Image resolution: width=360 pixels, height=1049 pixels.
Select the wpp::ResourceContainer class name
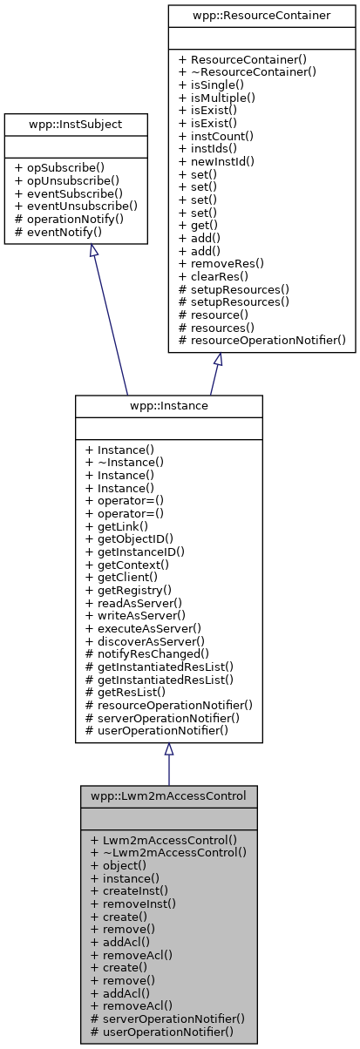pos(262,16)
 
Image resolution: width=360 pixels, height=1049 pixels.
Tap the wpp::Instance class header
pos(168,406)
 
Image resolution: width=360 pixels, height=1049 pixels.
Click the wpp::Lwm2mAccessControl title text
pos(168,795)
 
